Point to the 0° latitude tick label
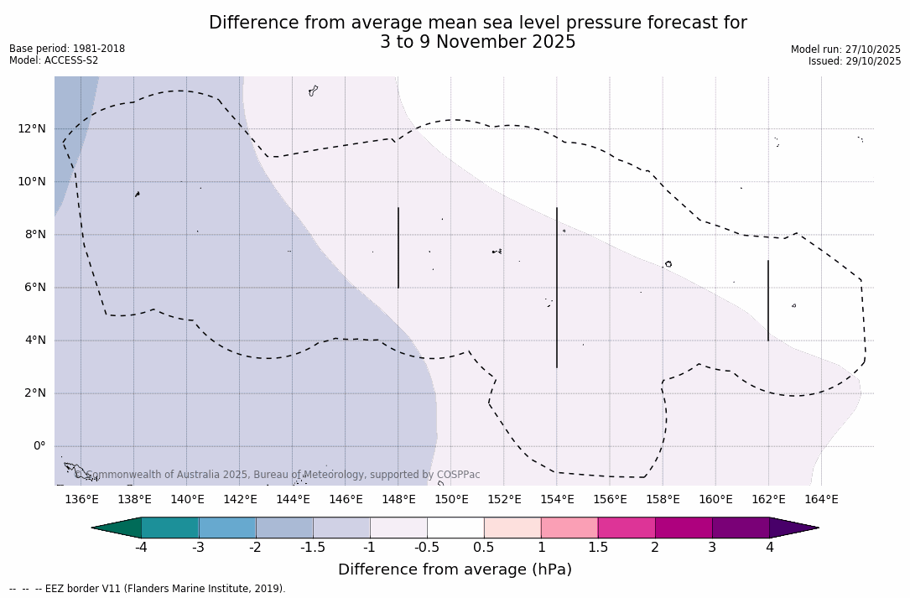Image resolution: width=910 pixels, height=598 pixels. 39,446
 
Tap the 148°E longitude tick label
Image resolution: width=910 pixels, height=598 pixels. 398,500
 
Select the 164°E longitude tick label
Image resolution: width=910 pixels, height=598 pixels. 821,500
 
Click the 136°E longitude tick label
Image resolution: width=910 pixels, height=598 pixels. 81,500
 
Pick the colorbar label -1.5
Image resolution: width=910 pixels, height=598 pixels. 313,548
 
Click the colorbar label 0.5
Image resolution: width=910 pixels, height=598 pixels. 484,548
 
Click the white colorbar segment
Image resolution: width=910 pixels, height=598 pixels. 455,528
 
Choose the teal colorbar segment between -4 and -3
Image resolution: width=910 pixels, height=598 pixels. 170,528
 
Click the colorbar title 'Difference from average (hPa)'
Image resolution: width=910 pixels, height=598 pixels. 455,570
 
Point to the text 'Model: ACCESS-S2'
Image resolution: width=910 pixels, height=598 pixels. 54,60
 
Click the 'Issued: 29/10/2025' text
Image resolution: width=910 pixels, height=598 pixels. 855,61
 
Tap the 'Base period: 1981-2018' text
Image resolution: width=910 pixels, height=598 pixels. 67,49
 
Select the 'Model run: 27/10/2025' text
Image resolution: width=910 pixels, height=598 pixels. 845,49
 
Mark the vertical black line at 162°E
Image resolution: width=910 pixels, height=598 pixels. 767,300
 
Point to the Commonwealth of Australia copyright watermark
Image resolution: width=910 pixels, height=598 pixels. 278,475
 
